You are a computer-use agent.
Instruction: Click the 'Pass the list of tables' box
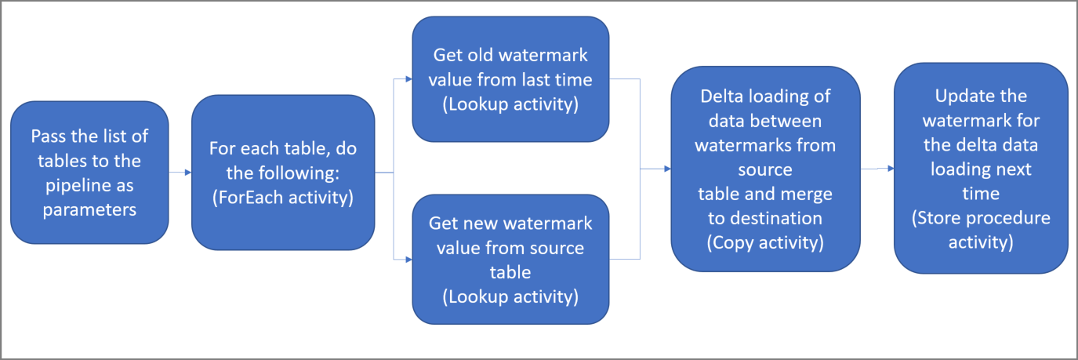[x=89, y=172]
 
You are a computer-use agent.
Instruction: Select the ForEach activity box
[x=283, y=172]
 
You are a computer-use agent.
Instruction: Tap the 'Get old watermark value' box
[x=510, y=79]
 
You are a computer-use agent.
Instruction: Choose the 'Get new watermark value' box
[x=510, y=260]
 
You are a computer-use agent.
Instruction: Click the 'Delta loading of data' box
[x=765, y=169]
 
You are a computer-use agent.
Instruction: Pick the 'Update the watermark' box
[x=981, y=169]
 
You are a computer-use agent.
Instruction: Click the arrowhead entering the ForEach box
[x=187, y=172]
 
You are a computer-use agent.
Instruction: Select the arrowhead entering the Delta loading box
[x=666, y=169]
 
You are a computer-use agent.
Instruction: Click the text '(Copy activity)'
[x=765, y=242]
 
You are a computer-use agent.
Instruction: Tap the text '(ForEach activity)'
[x=283, y=198]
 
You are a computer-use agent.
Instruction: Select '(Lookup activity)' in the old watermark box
[x=510, y=104]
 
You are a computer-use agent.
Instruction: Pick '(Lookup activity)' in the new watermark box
[x=510, y=296]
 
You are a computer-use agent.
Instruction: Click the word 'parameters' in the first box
[x=89, y=210]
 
